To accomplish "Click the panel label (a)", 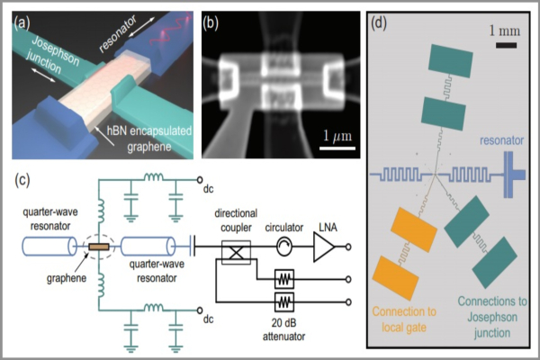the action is tap(22, 23).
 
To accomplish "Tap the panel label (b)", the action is tap(211, 23).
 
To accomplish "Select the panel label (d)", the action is tap(379, 23).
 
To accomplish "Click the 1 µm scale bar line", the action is tap(337, 148).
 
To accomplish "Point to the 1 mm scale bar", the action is tap(506, 45).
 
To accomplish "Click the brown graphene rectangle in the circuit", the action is tap(99, 247).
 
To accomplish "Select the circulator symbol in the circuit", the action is tap(284, 247).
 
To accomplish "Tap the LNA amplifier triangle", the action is tap(323, 247).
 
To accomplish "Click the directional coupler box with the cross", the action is tap(236, 253).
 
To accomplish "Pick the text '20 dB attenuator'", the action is tap(283, 329).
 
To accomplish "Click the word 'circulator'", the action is tap(284, 228).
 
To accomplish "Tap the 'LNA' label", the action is tap(328, 228).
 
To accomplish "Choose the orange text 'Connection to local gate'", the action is tap(404, 319).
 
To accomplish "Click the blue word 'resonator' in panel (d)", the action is tap(502, 140).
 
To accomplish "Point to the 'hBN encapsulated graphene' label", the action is tap(149, 139).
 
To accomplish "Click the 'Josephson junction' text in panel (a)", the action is tap(51, 57).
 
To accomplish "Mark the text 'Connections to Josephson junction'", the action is tap(492, 318).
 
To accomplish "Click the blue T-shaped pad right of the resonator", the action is tap(514, 175).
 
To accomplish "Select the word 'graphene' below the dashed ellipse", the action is tap(67, 278).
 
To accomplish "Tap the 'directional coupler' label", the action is tap(236, 220).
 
